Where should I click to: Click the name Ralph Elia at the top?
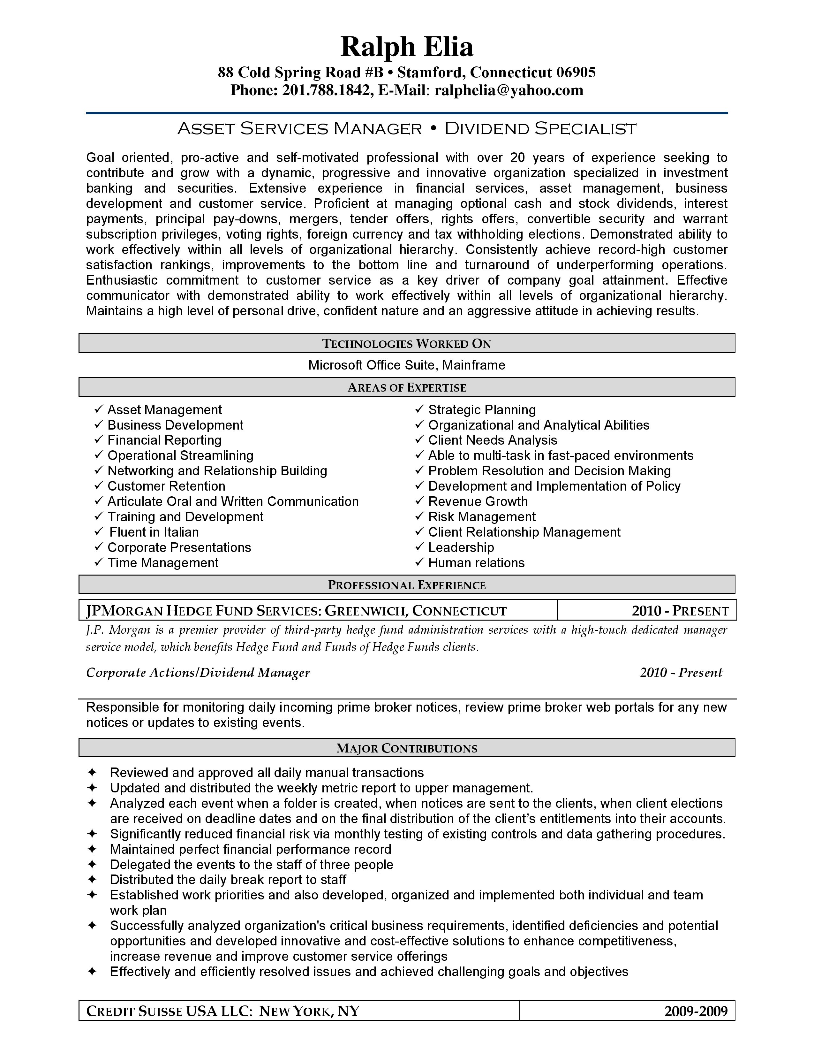[x=406, y=47]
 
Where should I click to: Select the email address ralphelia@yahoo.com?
[x=509, y=90]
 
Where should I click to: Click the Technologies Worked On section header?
[x=406, y=344]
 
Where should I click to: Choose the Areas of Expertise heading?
[x=406, y=387]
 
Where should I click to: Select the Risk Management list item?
[x=482, y=517]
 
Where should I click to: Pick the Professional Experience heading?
[x=406, y=585]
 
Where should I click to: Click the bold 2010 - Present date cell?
[x=680, y=611]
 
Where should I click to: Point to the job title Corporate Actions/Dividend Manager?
[x=198, y=673]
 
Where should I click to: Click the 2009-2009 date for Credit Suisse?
[x=695, y=1011]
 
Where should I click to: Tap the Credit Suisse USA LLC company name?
[x=169, y=1011]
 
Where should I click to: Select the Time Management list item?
[x=162, y=563]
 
